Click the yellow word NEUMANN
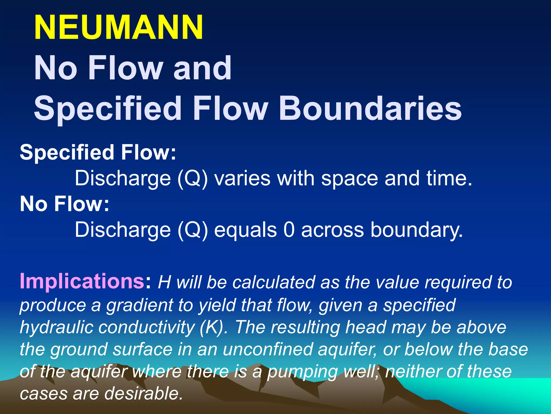[x=119, y=27]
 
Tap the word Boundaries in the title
[x=370, y=108]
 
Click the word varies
[x=242, y=178]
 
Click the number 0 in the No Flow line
[x=289, y=230]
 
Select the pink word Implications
[x=82, y=281]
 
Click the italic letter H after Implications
[x=164, y=282]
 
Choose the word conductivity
[x=146, y=327]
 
